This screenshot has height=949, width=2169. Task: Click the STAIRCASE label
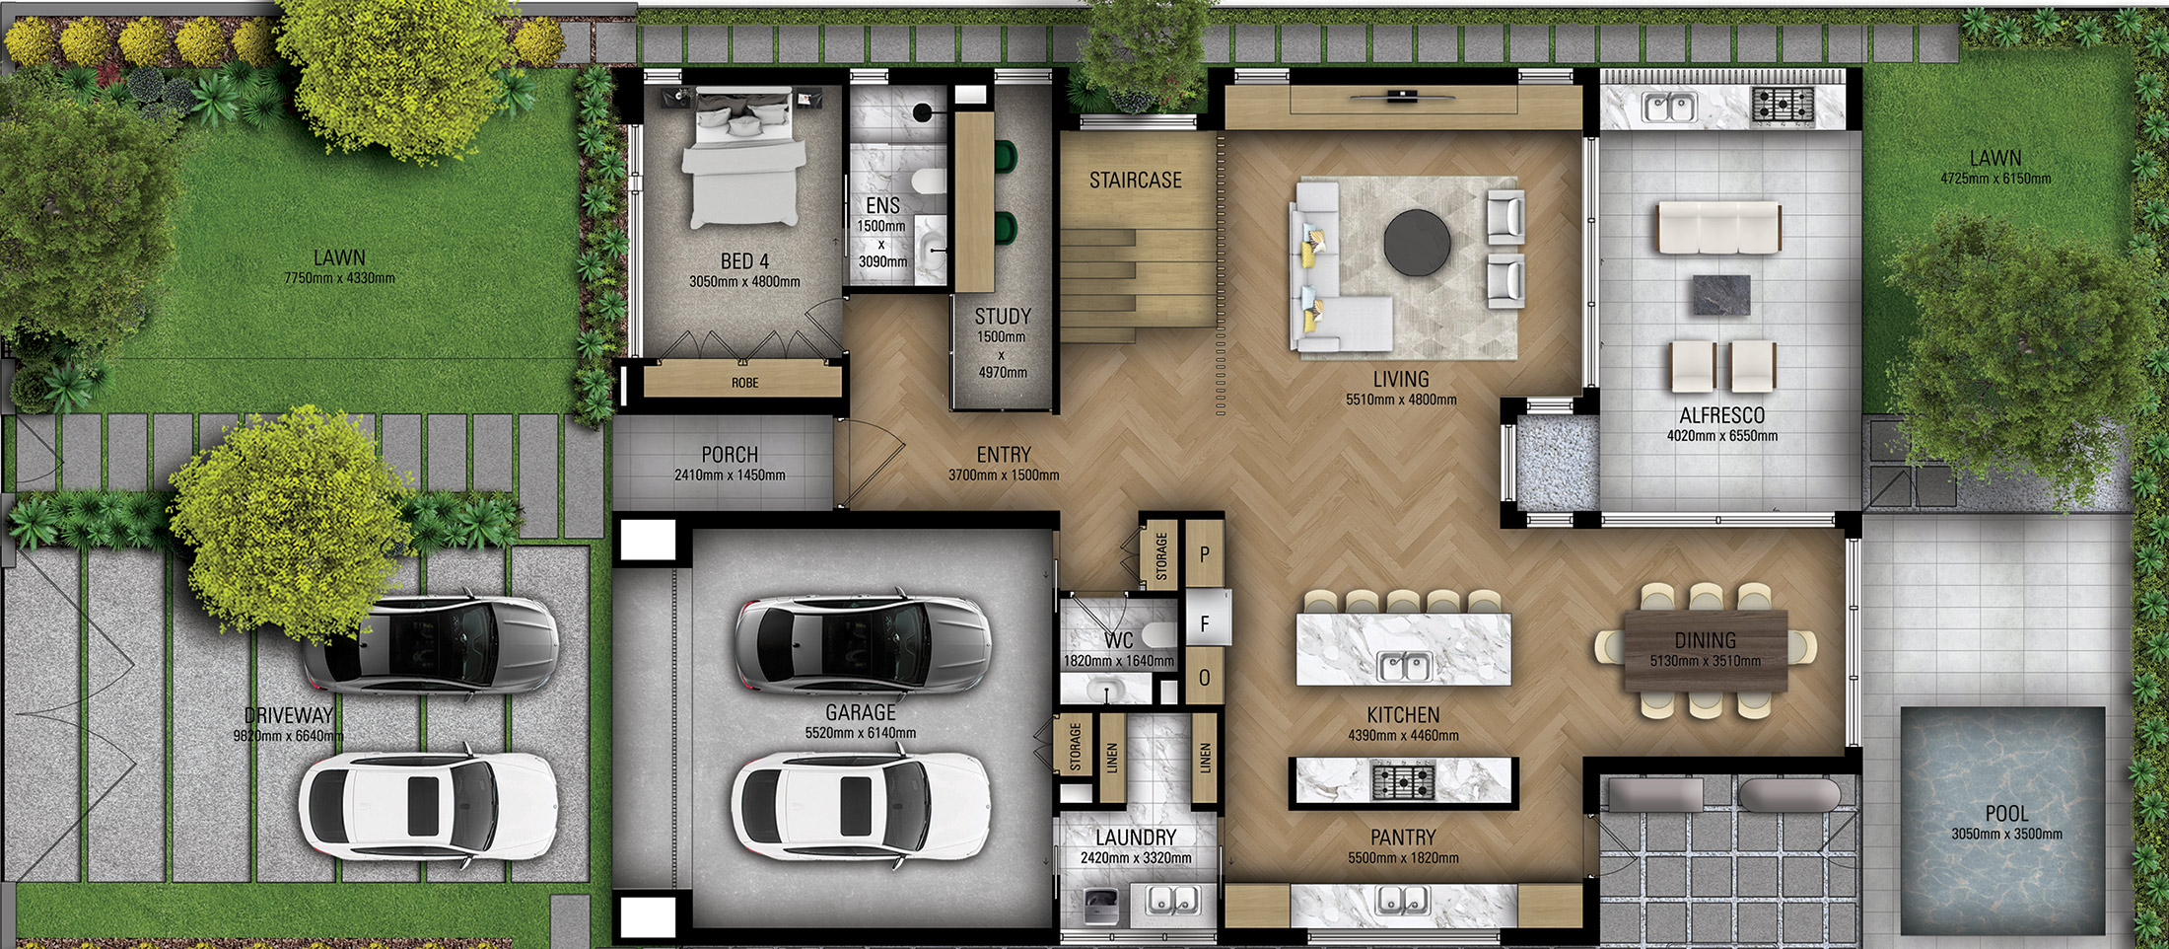[x=1135, y=181]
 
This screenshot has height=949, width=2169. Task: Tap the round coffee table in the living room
[x=1417, y=243]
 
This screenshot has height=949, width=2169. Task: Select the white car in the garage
[x=860, y=807]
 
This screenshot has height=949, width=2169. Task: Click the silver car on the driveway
[x=430, y=644]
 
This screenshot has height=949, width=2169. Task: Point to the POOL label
[x=2006, y=814]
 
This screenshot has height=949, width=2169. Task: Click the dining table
[x=1705, y=650]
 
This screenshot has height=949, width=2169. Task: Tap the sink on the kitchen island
[x=1404, y=667]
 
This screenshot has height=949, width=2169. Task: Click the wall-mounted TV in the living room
[x=1399, y=97]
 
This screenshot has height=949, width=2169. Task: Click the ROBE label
[x=744, y=383]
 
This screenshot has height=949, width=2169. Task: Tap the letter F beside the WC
[x=1204, y=624]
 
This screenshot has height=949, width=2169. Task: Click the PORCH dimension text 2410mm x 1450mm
[x=730, y=475]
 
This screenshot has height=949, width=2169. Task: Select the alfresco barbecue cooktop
[x=1782, y=104]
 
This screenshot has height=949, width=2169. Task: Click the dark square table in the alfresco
[x=1720, y=295]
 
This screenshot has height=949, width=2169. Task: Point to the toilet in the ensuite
[x=927, y=182]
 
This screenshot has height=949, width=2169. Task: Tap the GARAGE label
[x=860, y=712]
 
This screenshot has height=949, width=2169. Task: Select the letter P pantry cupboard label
[x=1204, y=555]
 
